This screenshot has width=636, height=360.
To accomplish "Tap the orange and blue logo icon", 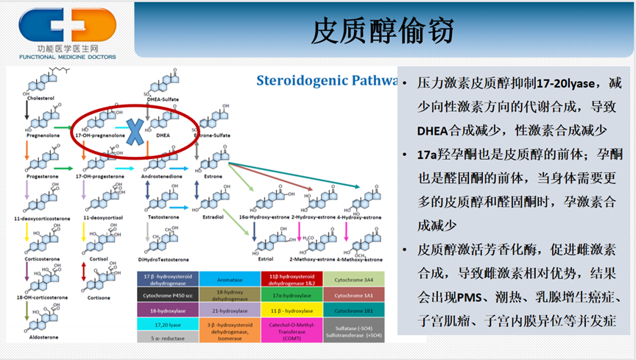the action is (x=67, y=26).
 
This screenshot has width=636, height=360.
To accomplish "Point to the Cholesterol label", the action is (x=40, y=98).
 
